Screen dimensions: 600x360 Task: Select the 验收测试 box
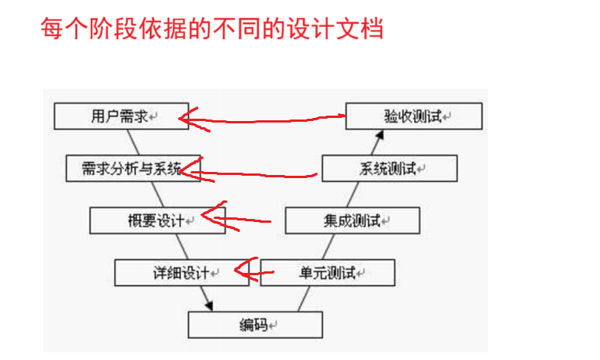point(413,116)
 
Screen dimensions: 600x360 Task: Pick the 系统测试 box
point(389,168)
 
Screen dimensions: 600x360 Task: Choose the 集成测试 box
point(352,220)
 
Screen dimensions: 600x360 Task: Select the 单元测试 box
point(327,272)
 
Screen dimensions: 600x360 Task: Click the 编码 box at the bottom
point(254,324)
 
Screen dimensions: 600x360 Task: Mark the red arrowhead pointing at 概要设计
point(207,217)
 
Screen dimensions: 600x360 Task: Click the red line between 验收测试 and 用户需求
point(270,119)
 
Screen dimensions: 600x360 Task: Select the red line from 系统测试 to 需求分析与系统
point(262,174)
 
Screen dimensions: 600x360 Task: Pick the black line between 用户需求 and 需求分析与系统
point(135,143)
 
